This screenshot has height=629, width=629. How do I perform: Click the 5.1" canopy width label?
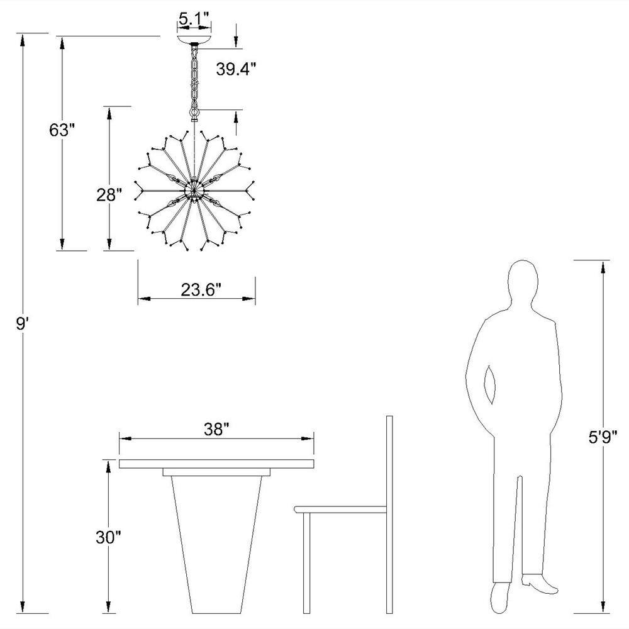click(x=194, y=19)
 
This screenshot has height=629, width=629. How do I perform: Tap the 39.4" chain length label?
click(x=236, y=69)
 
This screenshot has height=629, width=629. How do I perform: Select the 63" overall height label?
click(x=62, y=130)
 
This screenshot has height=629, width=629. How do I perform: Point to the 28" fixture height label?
click(x=109, y=195)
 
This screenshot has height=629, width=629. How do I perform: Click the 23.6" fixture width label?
click(x=201, y=289)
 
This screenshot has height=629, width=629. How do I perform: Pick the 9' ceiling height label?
click(x=22, y=323)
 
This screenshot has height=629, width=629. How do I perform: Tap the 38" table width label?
click(x=216, y=429)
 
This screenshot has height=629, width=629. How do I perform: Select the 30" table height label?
click(x=108, y=537)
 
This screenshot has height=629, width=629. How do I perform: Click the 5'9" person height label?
click(x=603, y=437)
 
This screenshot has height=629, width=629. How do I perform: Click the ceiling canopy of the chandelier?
click(x=194, y=40)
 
